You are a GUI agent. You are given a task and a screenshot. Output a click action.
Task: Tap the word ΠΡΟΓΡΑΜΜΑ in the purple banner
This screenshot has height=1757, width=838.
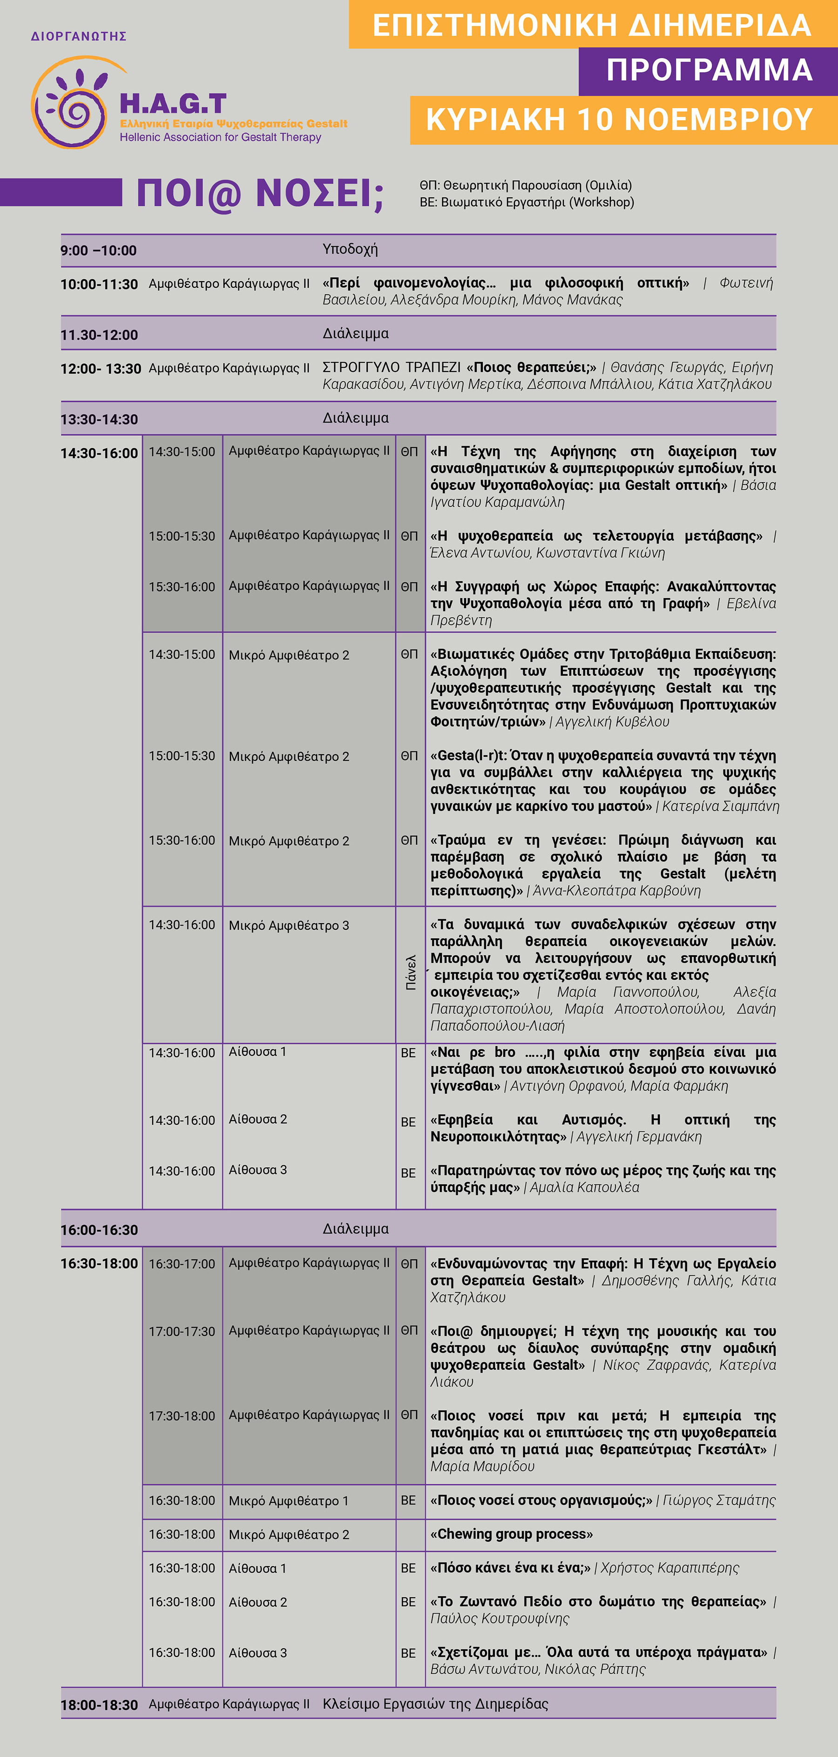pyautogui.click(x=709, y=70)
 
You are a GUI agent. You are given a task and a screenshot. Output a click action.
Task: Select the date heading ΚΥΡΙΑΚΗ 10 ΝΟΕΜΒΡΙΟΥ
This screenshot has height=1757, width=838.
pyautogui.click(x=619, y=120)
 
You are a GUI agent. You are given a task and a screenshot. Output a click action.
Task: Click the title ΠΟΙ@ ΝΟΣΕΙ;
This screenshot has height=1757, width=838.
pyautogui.click(x=260, y=193)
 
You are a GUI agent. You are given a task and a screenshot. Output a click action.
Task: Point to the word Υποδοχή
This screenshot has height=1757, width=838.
pyautogui.click(x=350, y=249)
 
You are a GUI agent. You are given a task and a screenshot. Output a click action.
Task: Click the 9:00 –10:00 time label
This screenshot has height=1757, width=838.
pyautogui.click(x=98, y=250)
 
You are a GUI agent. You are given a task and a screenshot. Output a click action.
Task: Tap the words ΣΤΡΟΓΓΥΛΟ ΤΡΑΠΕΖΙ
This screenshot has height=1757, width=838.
pyautogui.click(x=392, y=367)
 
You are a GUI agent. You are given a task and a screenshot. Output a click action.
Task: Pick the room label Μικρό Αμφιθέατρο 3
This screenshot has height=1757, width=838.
pyautogui.click(x=289, y=926)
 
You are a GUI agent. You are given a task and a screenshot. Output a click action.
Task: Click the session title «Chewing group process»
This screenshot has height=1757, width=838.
pyautogui.click(x=511, y=1534)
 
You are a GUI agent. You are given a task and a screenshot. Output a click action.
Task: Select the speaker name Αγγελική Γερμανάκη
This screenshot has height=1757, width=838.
pyautogui.click(x=639, y=1137)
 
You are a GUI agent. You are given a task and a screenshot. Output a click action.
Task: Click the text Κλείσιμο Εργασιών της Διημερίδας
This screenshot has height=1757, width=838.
pyautogui.click(x=435, y=1704)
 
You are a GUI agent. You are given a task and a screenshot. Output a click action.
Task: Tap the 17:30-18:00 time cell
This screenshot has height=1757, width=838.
pyautogui.click(x=182, y=1416)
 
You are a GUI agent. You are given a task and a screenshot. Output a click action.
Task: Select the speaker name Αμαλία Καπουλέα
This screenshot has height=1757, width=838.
pyautogui.click(x=584, y=1188)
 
